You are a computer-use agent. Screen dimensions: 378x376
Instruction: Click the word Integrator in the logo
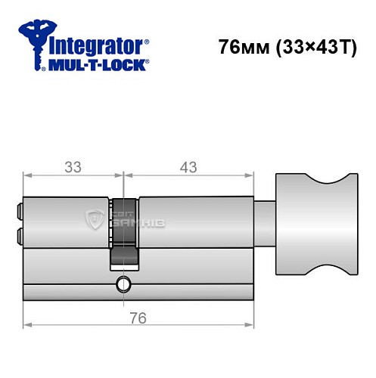pos(98,45)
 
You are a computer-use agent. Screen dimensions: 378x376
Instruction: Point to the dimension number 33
pos(73,165)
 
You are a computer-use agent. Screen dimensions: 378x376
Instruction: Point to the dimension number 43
pos(185,165)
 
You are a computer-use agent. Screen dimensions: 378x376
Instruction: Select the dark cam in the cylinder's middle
pos(124,231)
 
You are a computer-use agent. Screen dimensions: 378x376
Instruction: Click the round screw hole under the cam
pos(122,285)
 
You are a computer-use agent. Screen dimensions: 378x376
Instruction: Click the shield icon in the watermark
pos(95,220)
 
